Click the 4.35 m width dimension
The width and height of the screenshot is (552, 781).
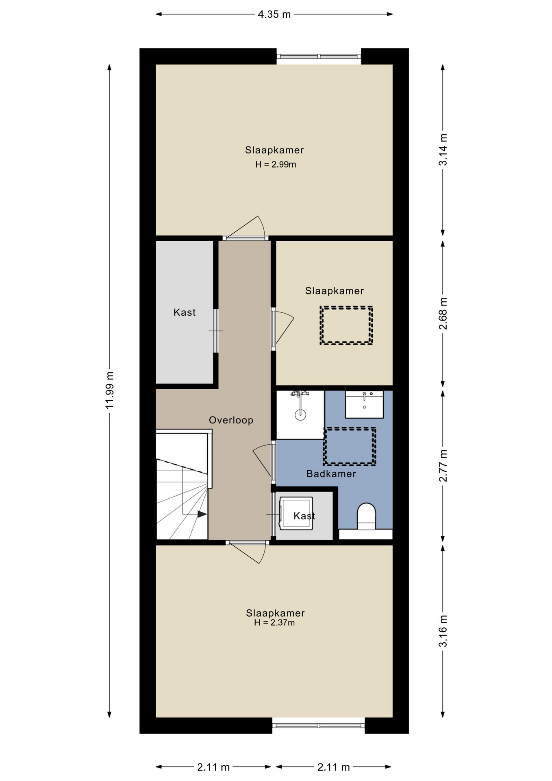(x=274, y=15)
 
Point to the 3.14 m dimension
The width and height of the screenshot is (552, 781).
(x=443, y=150)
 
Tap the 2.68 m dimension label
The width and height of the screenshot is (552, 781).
(x=443, y=313)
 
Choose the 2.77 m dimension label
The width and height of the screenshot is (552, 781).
(x=443, y=466)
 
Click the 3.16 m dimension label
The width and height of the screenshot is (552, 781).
(x=443, y=631)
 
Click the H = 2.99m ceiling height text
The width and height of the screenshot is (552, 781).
(x=276, y=165)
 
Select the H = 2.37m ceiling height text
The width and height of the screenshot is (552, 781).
(x=274, y=623)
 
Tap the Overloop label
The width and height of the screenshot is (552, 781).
(x=231, y=420)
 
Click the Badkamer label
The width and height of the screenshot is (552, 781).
(x=331, y=474)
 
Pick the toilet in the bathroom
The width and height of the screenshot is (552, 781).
(x=366, y=517)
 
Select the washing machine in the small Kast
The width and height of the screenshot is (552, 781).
(x=296, y=513)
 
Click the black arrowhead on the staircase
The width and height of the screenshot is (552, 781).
(x=202, y=514)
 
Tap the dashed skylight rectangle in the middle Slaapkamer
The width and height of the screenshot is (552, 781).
(x=346, y=325)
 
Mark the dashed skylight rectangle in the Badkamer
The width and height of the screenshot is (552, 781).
(x=350, y=446)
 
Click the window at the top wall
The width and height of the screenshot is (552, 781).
(x=319, y=57)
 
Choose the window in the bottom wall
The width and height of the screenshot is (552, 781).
(x=319, y=725)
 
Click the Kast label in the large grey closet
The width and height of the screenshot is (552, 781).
(x=185, y=312)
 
